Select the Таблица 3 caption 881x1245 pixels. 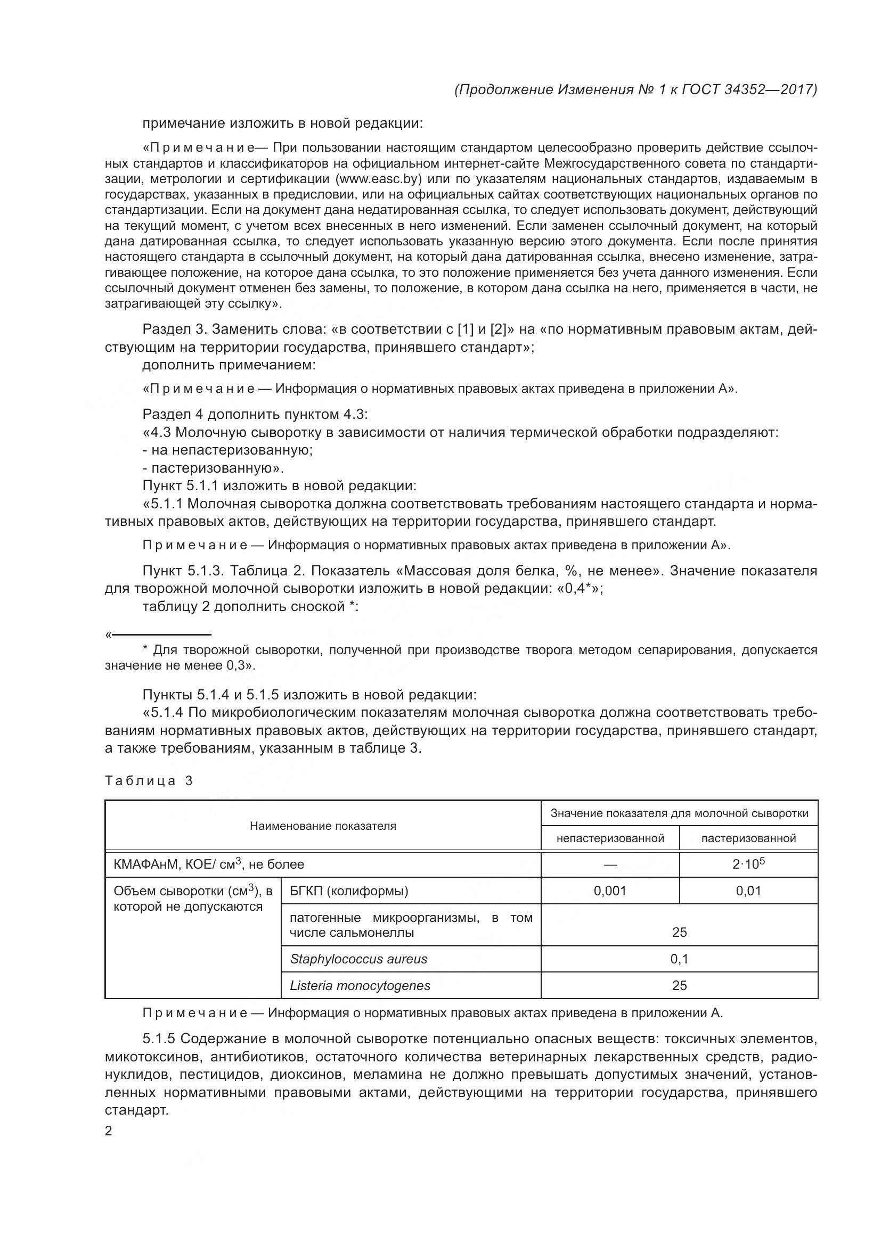pos(149,781)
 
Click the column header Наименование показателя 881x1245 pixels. pos(323,826)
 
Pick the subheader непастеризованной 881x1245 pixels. pos(610,838)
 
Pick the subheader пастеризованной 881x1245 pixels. pos(748,838)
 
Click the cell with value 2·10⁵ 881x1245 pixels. pos(748,864)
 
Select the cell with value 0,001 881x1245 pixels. pos(610,891)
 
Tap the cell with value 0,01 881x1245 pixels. pos(748,891)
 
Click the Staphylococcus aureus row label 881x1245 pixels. pos(358,959)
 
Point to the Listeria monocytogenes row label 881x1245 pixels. pos(360,986)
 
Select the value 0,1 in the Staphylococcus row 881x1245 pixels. pos(679,959)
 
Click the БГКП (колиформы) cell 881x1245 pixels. pos(349,891)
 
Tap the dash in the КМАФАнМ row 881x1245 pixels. pos(610,865)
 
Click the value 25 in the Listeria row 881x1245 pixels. pos(679,986)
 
